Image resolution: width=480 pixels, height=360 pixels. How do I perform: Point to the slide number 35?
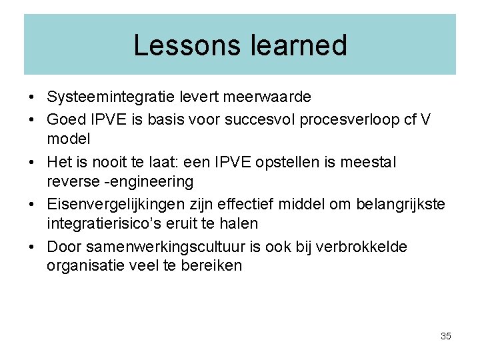coord(446,336)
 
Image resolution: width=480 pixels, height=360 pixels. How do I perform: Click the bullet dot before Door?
coord(32,247)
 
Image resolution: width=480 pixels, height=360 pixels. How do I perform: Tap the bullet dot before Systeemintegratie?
coord(32,97)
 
